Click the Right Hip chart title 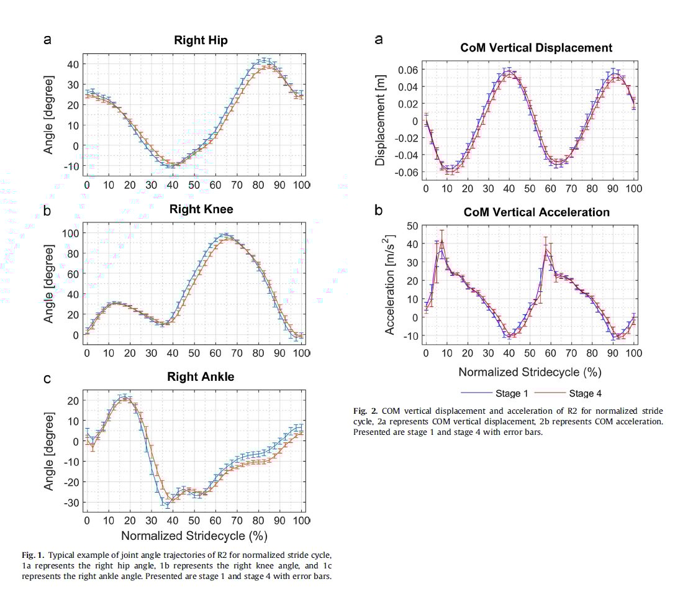[x=201, y=41]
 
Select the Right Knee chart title [x=201, y=209]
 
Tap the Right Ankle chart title [x=201, y=377]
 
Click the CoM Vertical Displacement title [x=536, y=48]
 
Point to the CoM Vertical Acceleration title [x=536, y=212]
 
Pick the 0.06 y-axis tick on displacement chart [x=407, y=70]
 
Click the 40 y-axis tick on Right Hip [x=71, y=64]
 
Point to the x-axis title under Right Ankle [x=194, y=535]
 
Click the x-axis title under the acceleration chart [x=530, y=372]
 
